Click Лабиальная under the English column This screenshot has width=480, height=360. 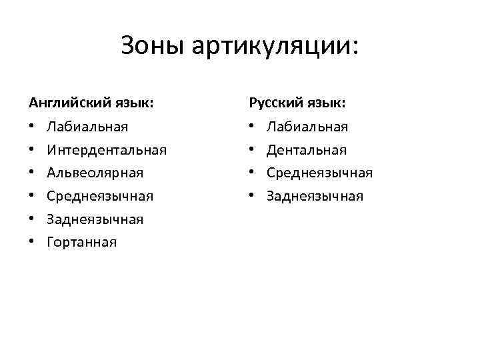tap(87, 127)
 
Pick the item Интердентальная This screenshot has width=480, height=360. tap(107, 150)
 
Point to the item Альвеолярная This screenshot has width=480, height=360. tap(95, 173)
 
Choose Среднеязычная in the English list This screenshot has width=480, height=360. tap(100, 196)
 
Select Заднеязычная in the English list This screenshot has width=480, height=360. tap(95, 219)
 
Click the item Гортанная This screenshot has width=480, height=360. tap(81, 242)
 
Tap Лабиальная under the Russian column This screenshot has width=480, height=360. tap(307, 127)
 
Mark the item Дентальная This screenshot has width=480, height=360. tap(307, 150)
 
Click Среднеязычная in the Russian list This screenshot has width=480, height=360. tap(319, 173)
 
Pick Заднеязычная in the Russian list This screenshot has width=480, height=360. tap(315, 196)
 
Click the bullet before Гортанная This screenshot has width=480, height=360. tap(32, 242)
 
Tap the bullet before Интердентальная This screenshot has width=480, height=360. tap(32, 150)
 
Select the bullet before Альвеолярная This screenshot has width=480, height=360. tap(32, 173)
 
